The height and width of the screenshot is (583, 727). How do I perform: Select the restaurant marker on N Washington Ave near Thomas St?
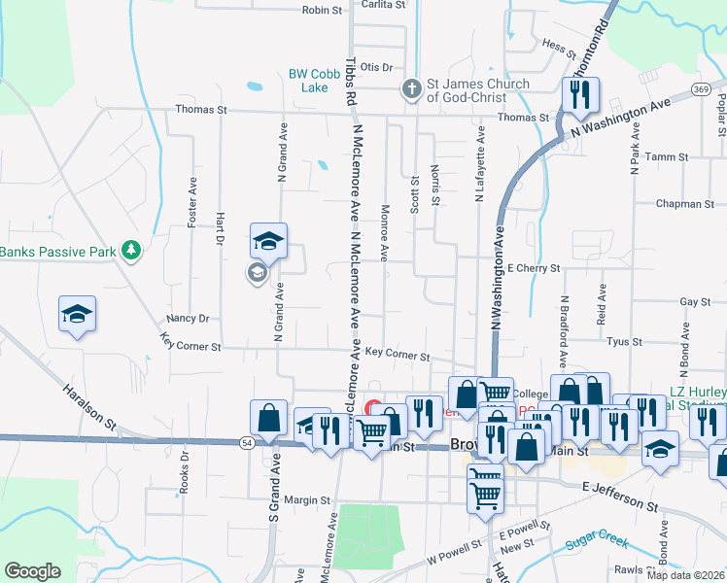(580, 95)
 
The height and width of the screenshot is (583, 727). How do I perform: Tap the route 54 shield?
(248, 442)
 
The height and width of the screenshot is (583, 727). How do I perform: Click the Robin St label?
(323, 10)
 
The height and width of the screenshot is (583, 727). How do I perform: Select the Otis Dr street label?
(375, 67)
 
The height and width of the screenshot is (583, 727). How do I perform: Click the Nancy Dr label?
(188, 318)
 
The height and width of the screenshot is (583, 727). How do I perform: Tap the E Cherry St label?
(534, 268)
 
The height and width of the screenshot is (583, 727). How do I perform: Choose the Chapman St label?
(685, 204)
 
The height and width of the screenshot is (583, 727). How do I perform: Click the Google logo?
(32, 571)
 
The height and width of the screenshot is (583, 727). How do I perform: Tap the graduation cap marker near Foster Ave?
(76, 315)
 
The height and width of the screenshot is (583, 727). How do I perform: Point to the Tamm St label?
(667, 156)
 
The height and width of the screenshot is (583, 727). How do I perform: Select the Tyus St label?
(623, 342)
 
